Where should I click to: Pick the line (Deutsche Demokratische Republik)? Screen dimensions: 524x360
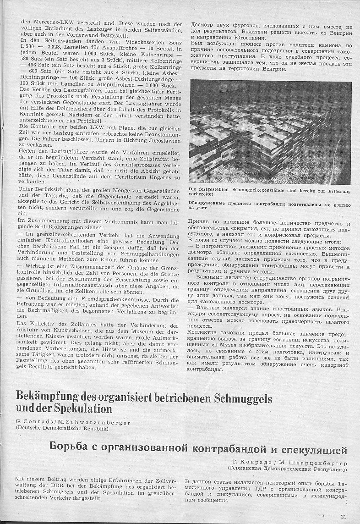62,428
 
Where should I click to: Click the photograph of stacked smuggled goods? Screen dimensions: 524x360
271,132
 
